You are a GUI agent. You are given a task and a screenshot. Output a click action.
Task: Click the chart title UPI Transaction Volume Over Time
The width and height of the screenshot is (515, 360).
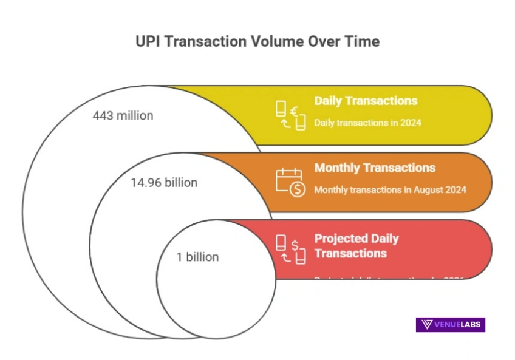(257, 41)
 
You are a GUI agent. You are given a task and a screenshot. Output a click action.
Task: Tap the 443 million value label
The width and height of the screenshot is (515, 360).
(123, 115)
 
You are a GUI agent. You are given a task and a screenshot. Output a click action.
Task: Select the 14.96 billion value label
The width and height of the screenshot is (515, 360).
(164, 182)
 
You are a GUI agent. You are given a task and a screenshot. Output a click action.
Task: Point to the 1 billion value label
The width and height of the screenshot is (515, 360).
(197, 257)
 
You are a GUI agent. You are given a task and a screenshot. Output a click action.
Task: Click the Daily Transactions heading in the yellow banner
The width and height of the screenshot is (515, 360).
(366, 101)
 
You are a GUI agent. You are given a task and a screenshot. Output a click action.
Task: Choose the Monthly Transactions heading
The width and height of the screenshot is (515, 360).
(375, 168)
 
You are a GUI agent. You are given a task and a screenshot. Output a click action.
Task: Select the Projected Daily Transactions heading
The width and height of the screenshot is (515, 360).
(356, 245)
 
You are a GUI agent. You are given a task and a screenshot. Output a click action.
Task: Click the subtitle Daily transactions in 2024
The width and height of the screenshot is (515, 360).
(367, 123)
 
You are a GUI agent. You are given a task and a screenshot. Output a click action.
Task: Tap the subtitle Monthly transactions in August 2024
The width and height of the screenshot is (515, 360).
(390, 189)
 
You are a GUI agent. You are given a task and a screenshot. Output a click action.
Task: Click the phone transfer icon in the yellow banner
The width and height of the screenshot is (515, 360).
(290, 115)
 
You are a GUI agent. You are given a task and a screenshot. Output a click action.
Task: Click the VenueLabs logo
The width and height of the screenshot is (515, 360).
(450, 324)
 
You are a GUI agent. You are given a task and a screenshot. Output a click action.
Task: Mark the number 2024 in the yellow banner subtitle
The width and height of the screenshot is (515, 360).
(411, 123)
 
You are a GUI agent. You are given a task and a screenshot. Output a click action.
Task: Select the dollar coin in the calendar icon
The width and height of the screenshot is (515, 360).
(297, 189)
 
